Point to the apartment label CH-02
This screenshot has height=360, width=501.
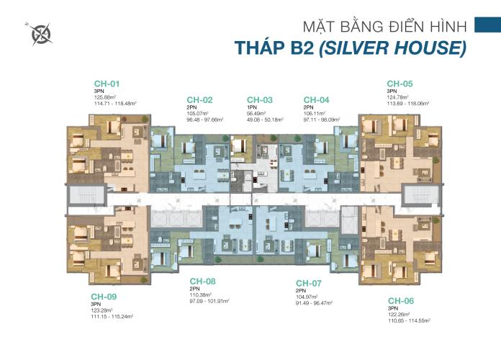[199, 99]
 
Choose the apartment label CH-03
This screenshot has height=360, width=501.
[260, 99]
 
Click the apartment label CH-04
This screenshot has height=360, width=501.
[317, 99]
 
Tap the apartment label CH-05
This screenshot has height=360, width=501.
[400, 83]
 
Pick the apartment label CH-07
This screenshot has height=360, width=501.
[309, 282]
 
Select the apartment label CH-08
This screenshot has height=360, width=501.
[202, 281]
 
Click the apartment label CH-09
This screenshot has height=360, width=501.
[104, 296]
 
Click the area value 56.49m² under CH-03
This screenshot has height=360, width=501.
[258, 113]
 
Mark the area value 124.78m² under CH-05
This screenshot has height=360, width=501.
[397, 96]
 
